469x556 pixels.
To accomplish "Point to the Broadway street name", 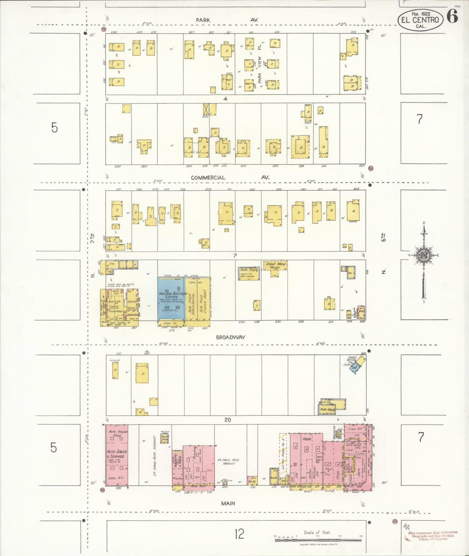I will click(x=231, y=337).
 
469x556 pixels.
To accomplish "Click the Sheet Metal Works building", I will click(x=275, y=266).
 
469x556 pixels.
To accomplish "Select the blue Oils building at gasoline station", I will click(x=354, y=368).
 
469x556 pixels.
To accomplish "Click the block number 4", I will click(x=225, y=99).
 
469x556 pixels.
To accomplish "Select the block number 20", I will click(x=227, y=420).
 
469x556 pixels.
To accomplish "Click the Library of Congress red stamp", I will click(x=432, y=535).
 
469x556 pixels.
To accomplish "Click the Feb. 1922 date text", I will click(x=421, y=13).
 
